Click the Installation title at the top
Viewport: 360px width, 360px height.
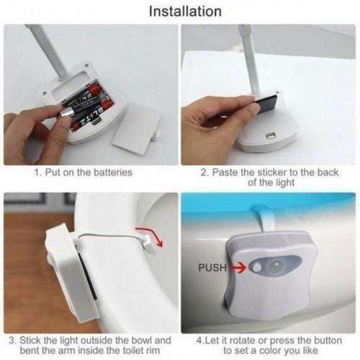click(x=184, y=11)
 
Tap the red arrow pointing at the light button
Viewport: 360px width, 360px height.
click(x=237, y=267)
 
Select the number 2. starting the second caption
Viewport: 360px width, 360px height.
click(x=204, y=174)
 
